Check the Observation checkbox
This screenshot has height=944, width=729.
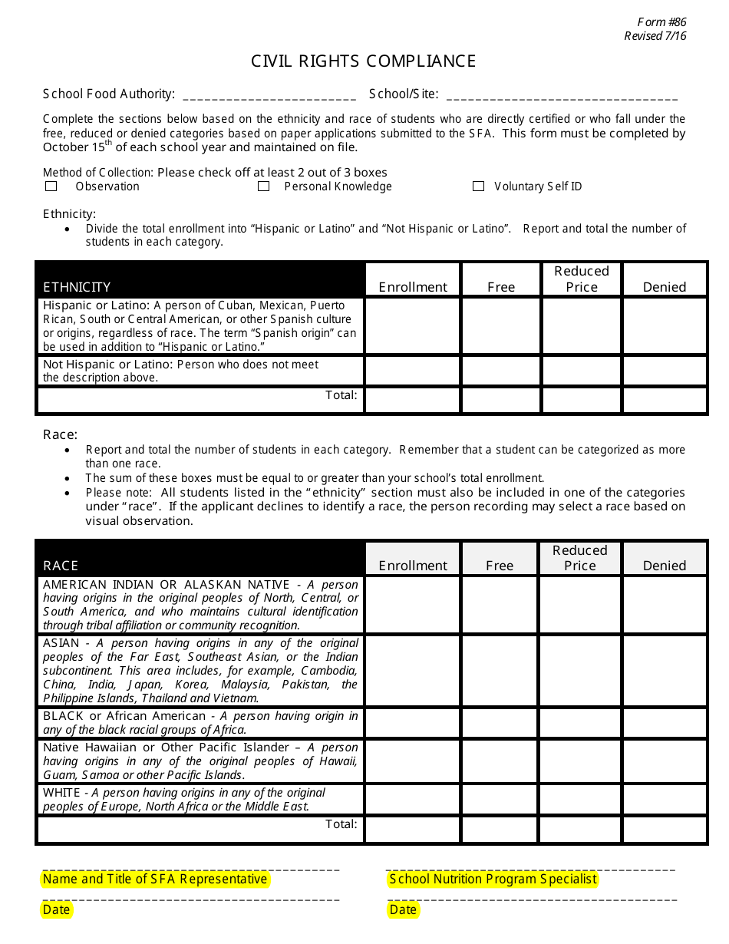[51, 186]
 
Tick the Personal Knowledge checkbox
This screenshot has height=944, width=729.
[263, 186]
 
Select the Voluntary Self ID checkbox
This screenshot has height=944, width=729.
[479, 186]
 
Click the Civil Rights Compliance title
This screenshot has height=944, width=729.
[364, 61]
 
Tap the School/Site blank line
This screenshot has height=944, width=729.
[561, 96]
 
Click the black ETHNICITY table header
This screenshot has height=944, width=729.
[200, 279]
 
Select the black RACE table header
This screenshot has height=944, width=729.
[200, 558]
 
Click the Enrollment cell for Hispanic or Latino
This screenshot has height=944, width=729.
[412, 326]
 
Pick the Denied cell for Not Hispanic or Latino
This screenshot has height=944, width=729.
[664, 371]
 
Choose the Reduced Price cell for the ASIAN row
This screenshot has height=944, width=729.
[580, 671]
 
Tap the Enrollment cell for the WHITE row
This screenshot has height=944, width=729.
[412, 800]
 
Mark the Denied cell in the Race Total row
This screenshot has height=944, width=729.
[664, 830]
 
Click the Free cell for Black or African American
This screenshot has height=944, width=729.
[500, 723]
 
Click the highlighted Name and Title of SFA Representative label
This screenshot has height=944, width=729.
[155, 880]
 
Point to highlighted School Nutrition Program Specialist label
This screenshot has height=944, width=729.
[493, 880]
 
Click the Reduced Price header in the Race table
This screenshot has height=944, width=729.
[580, 558]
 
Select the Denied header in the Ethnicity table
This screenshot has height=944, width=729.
[664, 286]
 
